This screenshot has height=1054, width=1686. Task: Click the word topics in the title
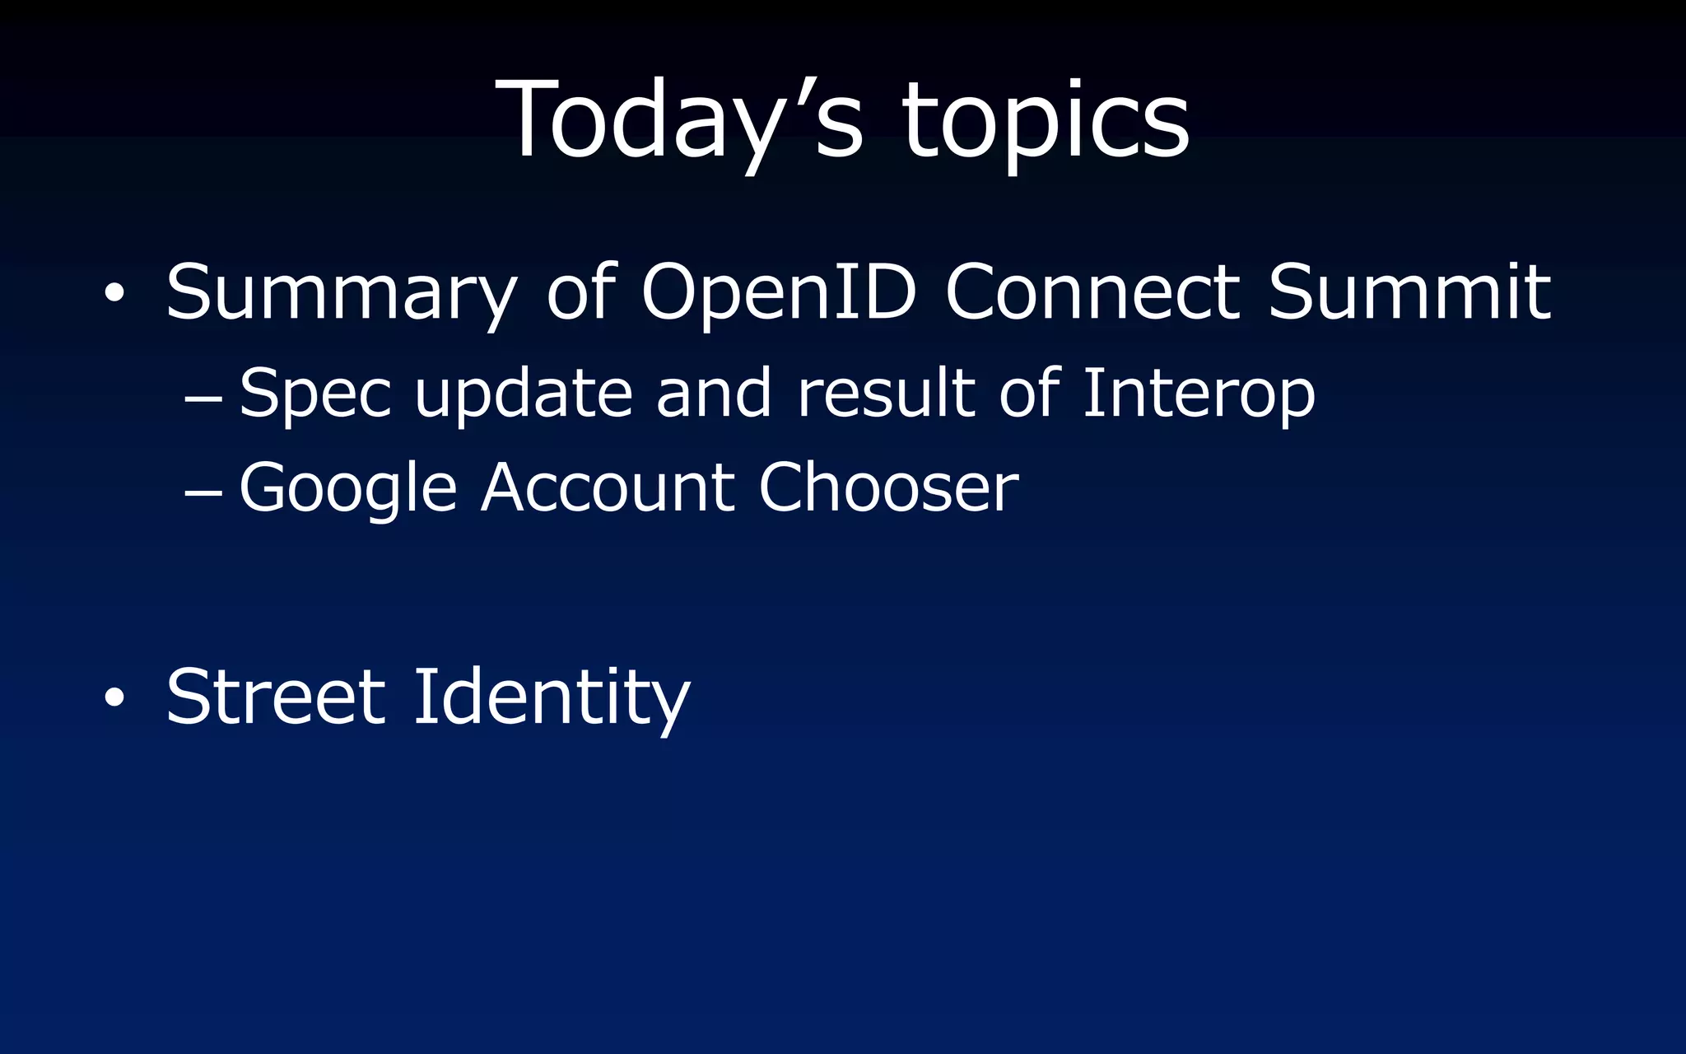(1046, 124)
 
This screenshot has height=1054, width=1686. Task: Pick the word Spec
(314, 394)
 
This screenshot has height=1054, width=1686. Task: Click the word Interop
(1199, 394)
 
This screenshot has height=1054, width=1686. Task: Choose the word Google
(347, 489)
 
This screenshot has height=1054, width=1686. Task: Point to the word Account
(608, 487)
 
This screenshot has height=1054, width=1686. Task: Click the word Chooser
(888, 487)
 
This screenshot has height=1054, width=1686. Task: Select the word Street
(276, 697)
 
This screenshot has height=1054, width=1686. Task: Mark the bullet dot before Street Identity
(114, 697)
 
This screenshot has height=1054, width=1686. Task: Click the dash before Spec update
(203, 399)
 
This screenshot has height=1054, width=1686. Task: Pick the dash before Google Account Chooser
(203, 493)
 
